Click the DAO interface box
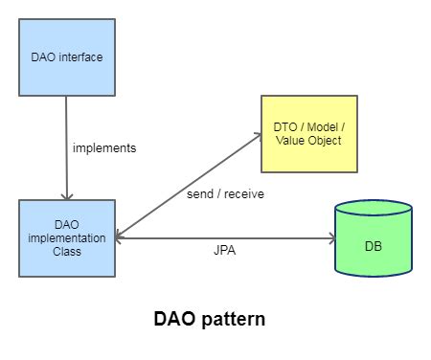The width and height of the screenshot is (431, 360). [66, 56]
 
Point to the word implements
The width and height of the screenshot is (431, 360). [104, 148]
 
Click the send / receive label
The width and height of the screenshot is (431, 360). [226, 193]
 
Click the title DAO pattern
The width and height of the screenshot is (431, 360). [209, 320]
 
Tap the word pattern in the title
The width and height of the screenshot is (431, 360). [233, 320]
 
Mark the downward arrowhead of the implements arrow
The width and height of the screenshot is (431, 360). [66, 194]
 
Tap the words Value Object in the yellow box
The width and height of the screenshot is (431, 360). [308, 142]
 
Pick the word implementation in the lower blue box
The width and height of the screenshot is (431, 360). [66, 236]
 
